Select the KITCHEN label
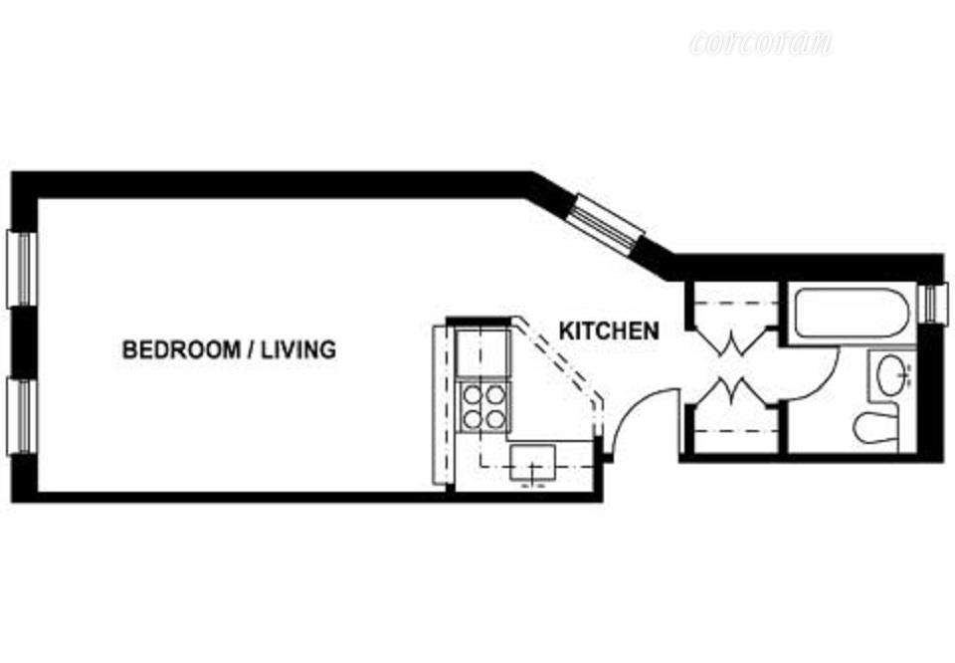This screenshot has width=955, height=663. [608, 331]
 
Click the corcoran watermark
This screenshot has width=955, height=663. [760, 44]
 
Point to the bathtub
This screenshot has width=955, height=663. [852, 312]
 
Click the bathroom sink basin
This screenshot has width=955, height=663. [890, 376]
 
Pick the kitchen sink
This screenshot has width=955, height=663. [536, 463]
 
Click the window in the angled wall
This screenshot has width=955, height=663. [611, 224]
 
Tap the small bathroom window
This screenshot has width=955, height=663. [932, 304]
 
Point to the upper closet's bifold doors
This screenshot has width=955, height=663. [734, 344]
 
